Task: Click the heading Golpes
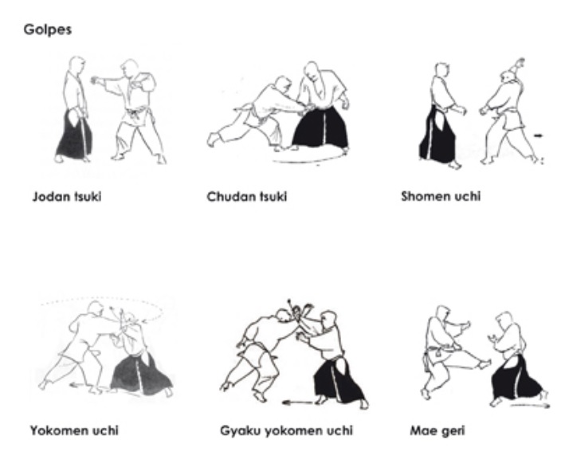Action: click(x=48, y=29)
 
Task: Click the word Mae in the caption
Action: click(x=422, y=430)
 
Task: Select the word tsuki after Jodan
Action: click(x=88, y=197)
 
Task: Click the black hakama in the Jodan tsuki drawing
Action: click(x=74, y=136)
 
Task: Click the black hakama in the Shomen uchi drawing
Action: click(x=437, y=136)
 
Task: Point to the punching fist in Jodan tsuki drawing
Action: click(x=95, y=80)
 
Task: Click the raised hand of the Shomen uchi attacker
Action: click(x=520, y=65)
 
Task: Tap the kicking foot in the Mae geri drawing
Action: click(x=484, y=365)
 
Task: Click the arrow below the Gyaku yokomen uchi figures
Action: click(x=297, y=402)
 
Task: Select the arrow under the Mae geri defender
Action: click(x=530, y=406)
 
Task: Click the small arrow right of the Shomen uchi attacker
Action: click(x=539, y=135)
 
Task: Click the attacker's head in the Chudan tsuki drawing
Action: click(x=283, y=83)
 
